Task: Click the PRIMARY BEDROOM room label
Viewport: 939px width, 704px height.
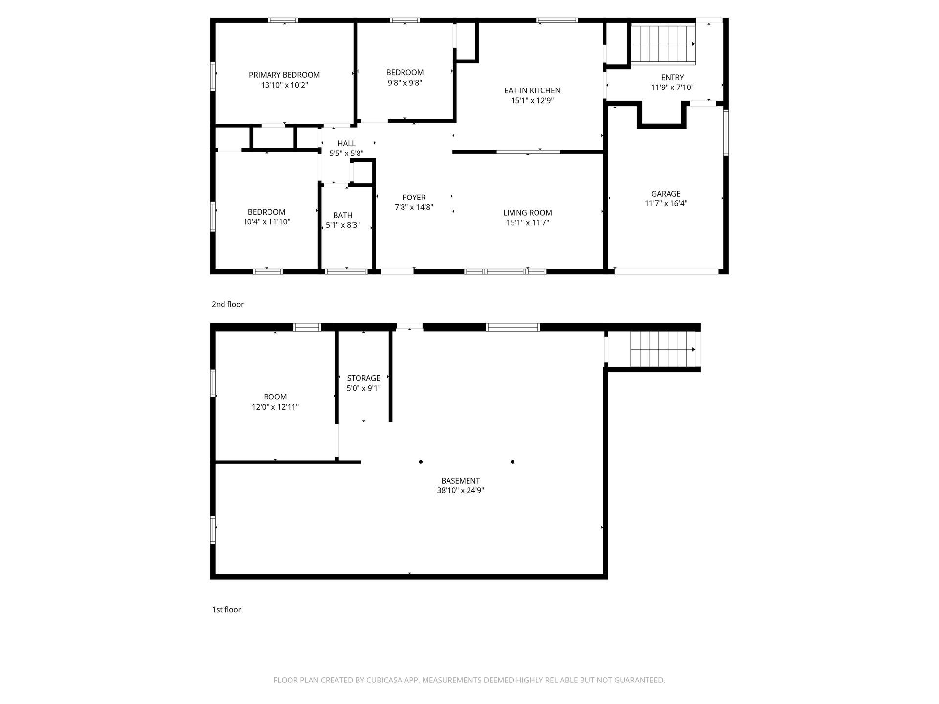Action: point(284,75)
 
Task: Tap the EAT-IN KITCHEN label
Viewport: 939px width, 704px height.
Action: point(532,90)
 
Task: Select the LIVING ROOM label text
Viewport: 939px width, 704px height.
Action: point(528,213)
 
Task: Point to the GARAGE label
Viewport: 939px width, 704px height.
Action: point(666,194)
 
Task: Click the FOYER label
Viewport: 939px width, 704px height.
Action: point(414,198)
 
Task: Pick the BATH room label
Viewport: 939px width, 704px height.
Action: point(343,215)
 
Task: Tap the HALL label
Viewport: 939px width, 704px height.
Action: point(346,143)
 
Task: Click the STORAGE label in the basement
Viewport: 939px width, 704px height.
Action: point(363,378)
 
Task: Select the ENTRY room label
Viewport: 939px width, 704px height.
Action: point(672,77)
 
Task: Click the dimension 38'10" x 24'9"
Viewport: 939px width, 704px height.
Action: point(460,490)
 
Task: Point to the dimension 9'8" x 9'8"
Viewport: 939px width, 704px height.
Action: point(405,83)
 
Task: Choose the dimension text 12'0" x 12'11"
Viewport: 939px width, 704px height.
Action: point(275,407)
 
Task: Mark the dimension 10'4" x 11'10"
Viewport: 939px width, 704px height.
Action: point(267,222)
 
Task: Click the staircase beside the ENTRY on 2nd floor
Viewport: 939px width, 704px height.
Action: point(663,44)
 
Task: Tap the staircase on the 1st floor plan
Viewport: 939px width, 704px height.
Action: point(663,349)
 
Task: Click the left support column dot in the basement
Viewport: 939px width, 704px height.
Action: point(421,462)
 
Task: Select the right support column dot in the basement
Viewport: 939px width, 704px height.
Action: point(513,462)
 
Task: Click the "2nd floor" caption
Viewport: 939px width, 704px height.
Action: point(227,304)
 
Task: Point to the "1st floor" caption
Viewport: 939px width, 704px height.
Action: point(226,610)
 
